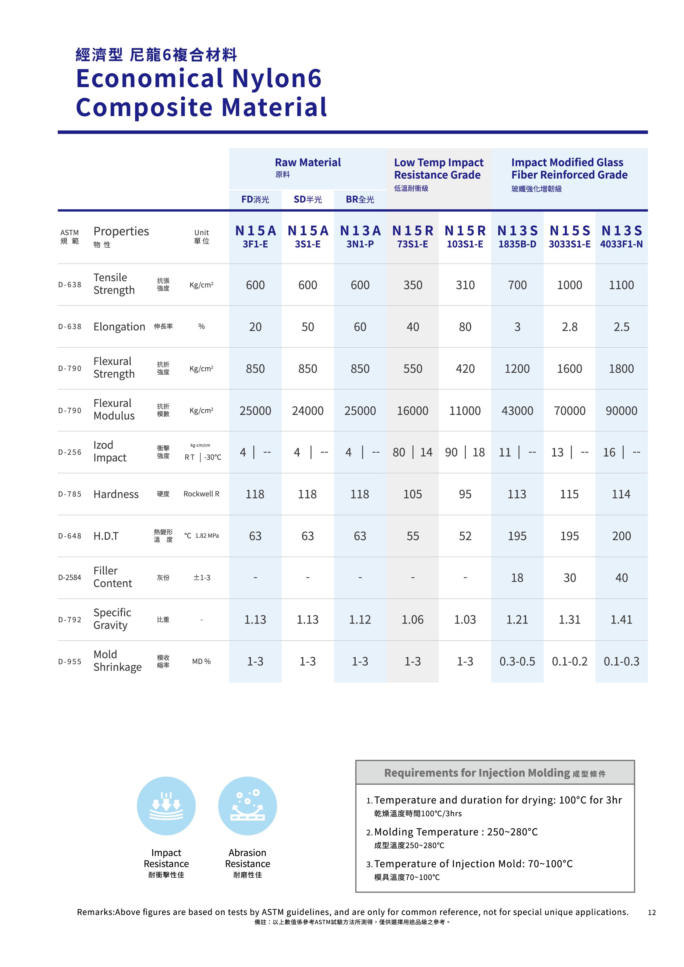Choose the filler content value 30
[569, 578]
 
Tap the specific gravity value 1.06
[412, 620]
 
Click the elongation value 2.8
[569, 327]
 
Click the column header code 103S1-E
[465, 244]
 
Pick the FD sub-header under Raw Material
[255, 199]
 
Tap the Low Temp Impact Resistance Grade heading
[438, 168]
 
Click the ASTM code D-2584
[69, 577]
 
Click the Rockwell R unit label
[201, 494]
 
